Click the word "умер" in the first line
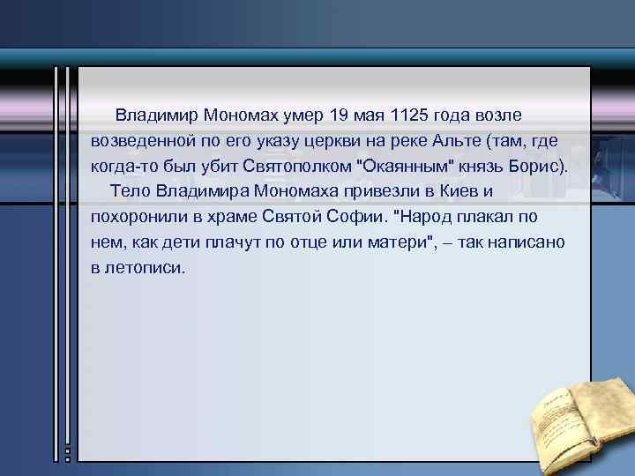[x=303, y=115]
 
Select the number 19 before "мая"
[x=339, y=115]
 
